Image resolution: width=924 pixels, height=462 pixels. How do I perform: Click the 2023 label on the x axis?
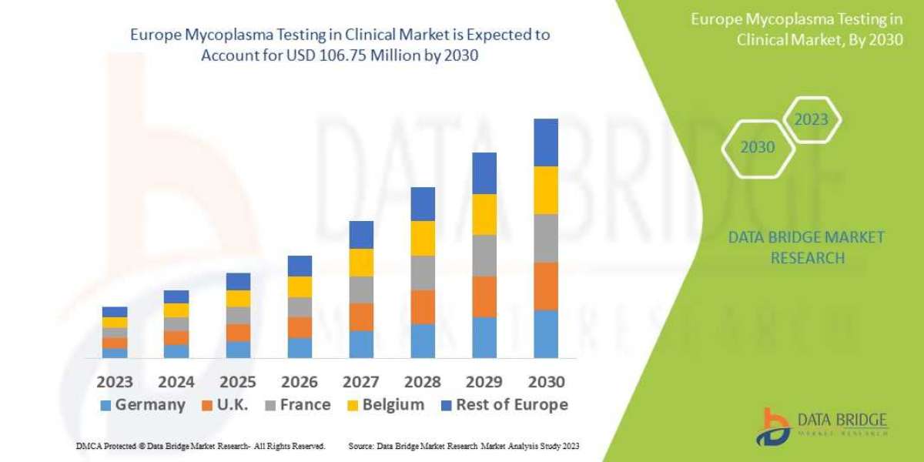click(114, 382)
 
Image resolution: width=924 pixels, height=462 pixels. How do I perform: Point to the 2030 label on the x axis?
click(546, 382)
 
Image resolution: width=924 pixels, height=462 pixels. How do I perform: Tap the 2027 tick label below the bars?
click(361, 382)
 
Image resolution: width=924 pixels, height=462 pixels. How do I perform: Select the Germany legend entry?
click(142, 405)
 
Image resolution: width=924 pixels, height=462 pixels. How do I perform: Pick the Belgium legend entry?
click(386, 405)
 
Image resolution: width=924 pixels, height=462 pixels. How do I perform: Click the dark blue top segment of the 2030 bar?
click(546, 142)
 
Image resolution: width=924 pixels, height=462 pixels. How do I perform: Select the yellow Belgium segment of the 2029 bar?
click(484, 214)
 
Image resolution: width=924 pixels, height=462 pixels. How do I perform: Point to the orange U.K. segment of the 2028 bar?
click(423, 306)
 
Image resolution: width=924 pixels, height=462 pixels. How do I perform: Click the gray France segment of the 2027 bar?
click(361, 290)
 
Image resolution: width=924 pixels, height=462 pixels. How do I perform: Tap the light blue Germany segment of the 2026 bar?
click(300, 347)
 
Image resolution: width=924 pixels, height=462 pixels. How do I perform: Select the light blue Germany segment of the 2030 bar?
click(546, 333)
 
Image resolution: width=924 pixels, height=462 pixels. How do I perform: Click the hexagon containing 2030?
click(758, 147)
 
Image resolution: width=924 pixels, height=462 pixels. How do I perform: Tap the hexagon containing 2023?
click(811, 119)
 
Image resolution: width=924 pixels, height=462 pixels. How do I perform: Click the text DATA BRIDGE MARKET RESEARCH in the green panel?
click(806, 247)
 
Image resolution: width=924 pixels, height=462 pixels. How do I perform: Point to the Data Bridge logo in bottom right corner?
click(821, 426)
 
